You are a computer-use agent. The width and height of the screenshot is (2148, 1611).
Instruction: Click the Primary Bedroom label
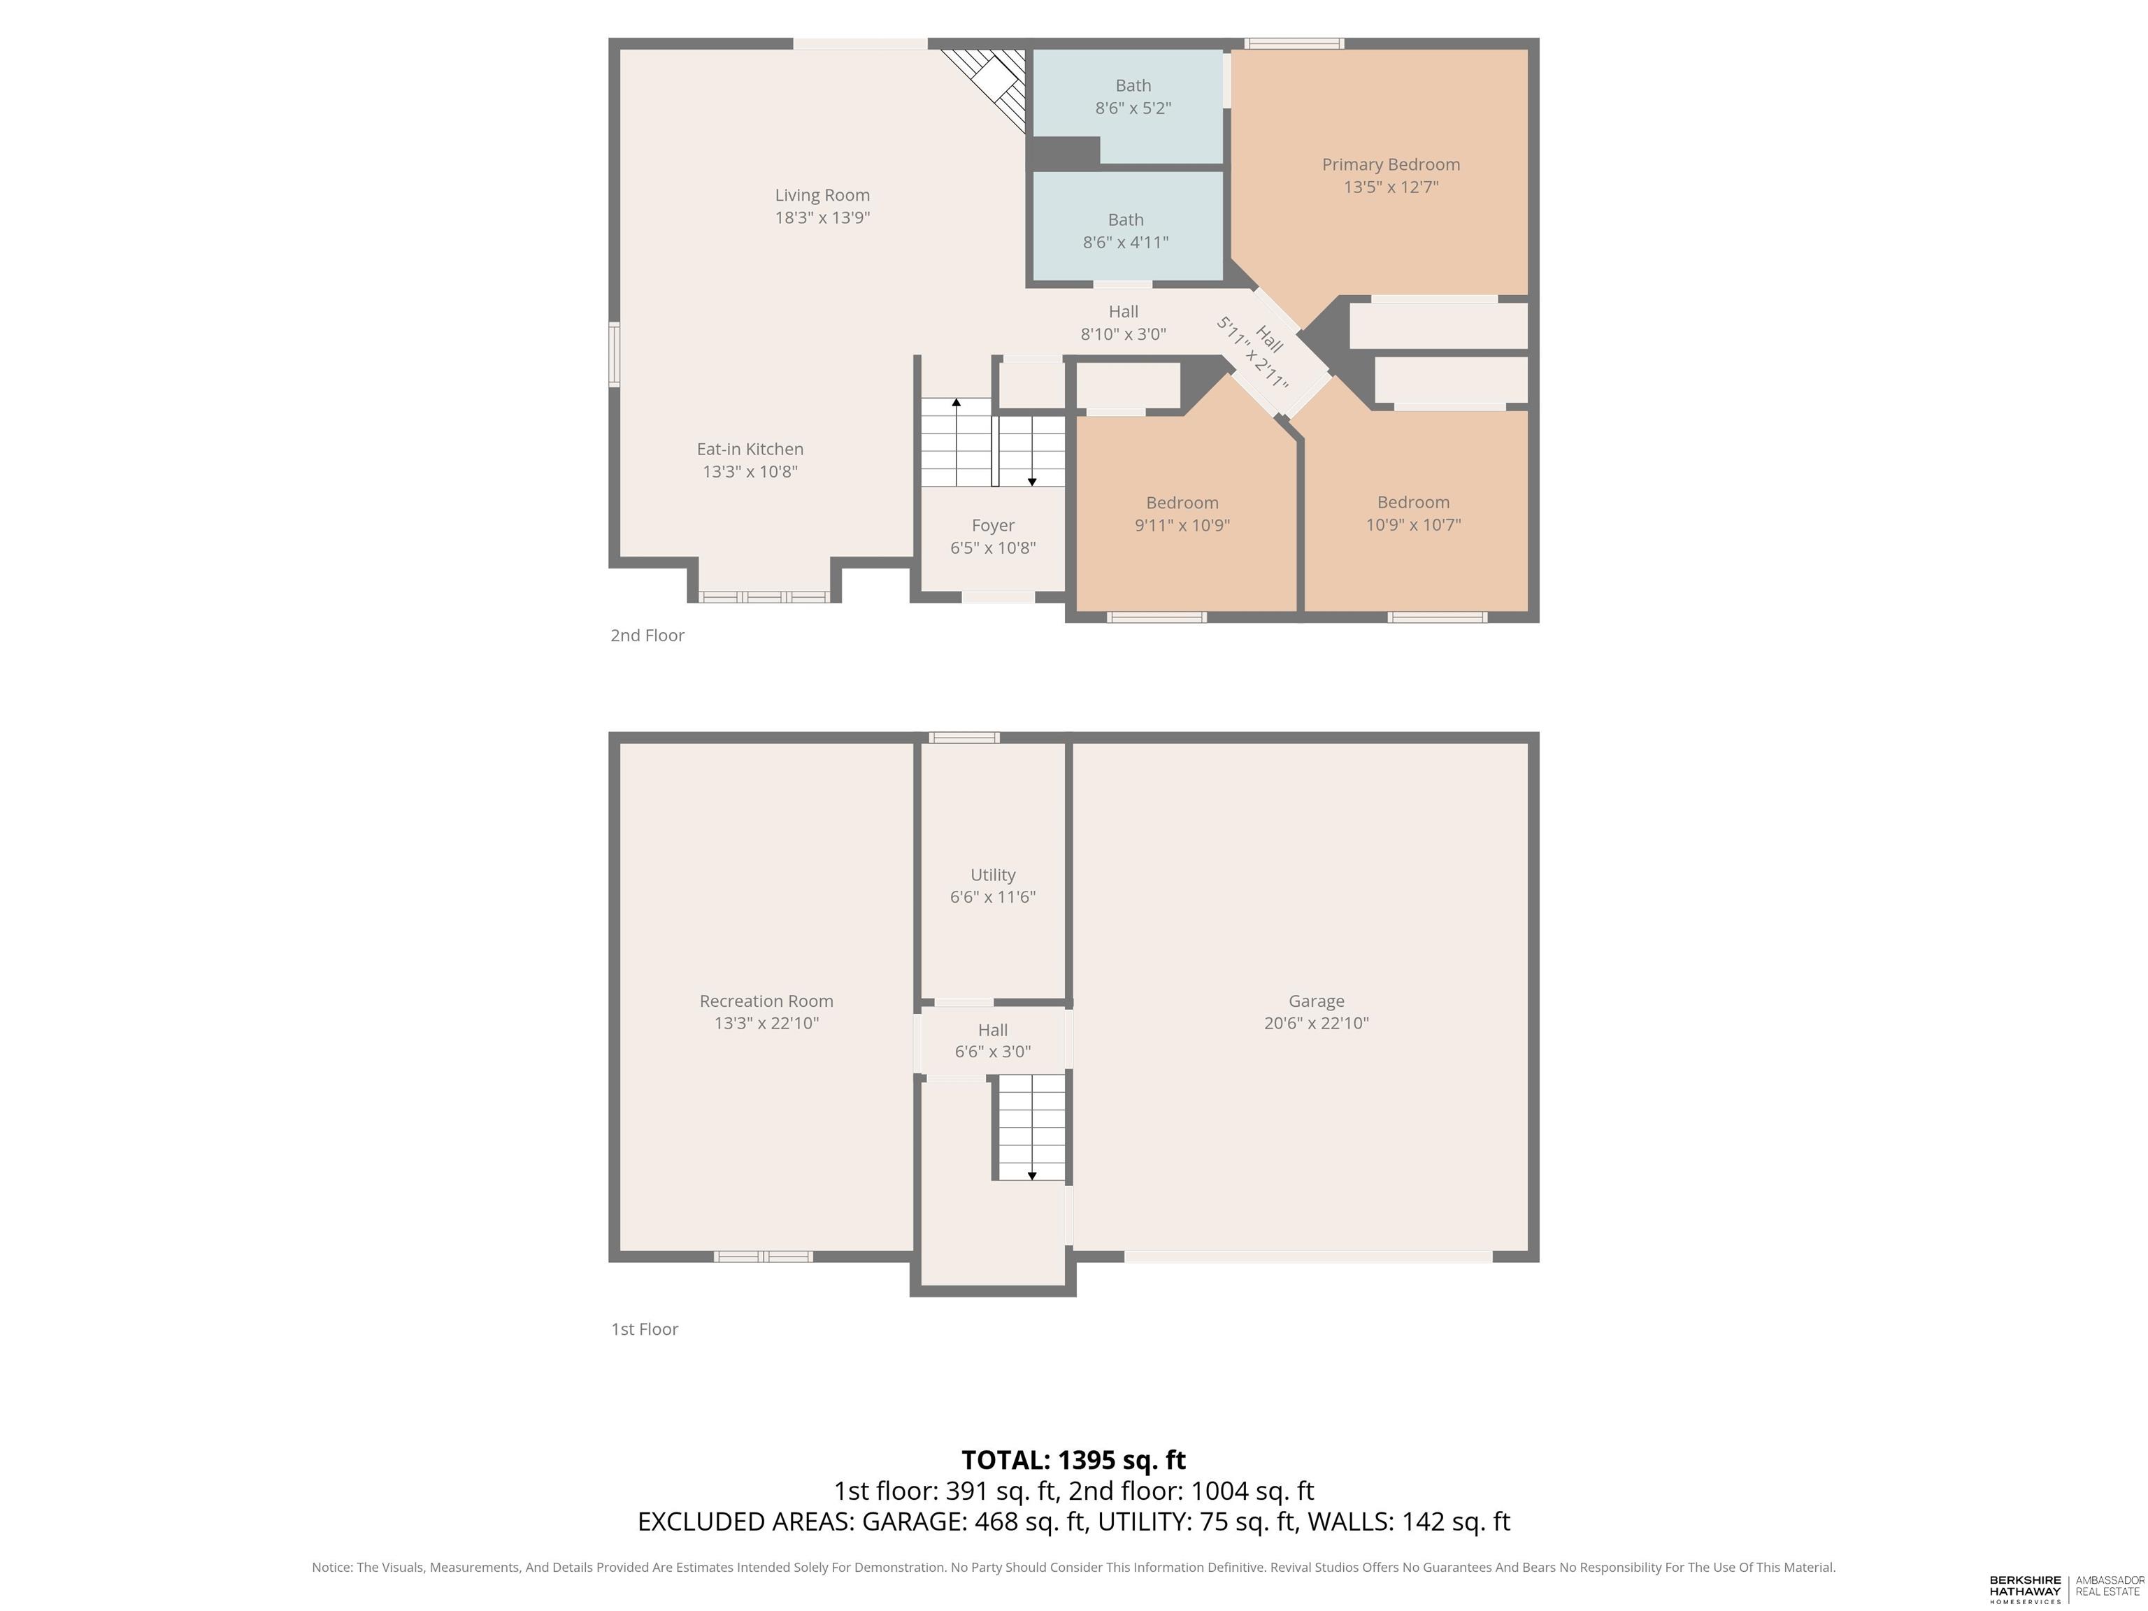pos(1391,165)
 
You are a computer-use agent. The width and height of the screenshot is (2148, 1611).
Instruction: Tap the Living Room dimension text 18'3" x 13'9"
pos(822,217)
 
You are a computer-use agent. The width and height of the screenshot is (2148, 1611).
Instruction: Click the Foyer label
pos(992,525)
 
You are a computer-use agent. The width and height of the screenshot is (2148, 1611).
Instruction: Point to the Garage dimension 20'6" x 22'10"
pos(1316,1022)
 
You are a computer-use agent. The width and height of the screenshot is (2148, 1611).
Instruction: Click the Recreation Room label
pos(766,1001)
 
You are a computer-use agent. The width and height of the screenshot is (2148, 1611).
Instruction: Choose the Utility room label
pos(992,875)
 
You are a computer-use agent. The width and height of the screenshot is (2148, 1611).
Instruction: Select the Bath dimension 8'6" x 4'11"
pos(1126,242)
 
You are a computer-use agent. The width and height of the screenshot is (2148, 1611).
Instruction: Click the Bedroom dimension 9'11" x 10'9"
pos(1182,525)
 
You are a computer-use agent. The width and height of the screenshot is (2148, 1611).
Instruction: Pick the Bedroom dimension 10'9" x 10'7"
pos(1413,525)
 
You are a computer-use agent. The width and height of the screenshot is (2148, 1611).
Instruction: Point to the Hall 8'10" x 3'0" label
pos(1124,323)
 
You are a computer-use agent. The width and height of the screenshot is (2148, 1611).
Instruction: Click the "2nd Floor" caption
pos(647,635)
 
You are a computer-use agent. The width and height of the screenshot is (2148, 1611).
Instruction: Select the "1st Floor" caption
pos(644,1329)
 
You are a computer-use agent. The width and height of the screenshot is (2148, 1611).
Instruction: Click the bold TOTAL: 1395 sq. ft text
pos(1073,1459)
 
